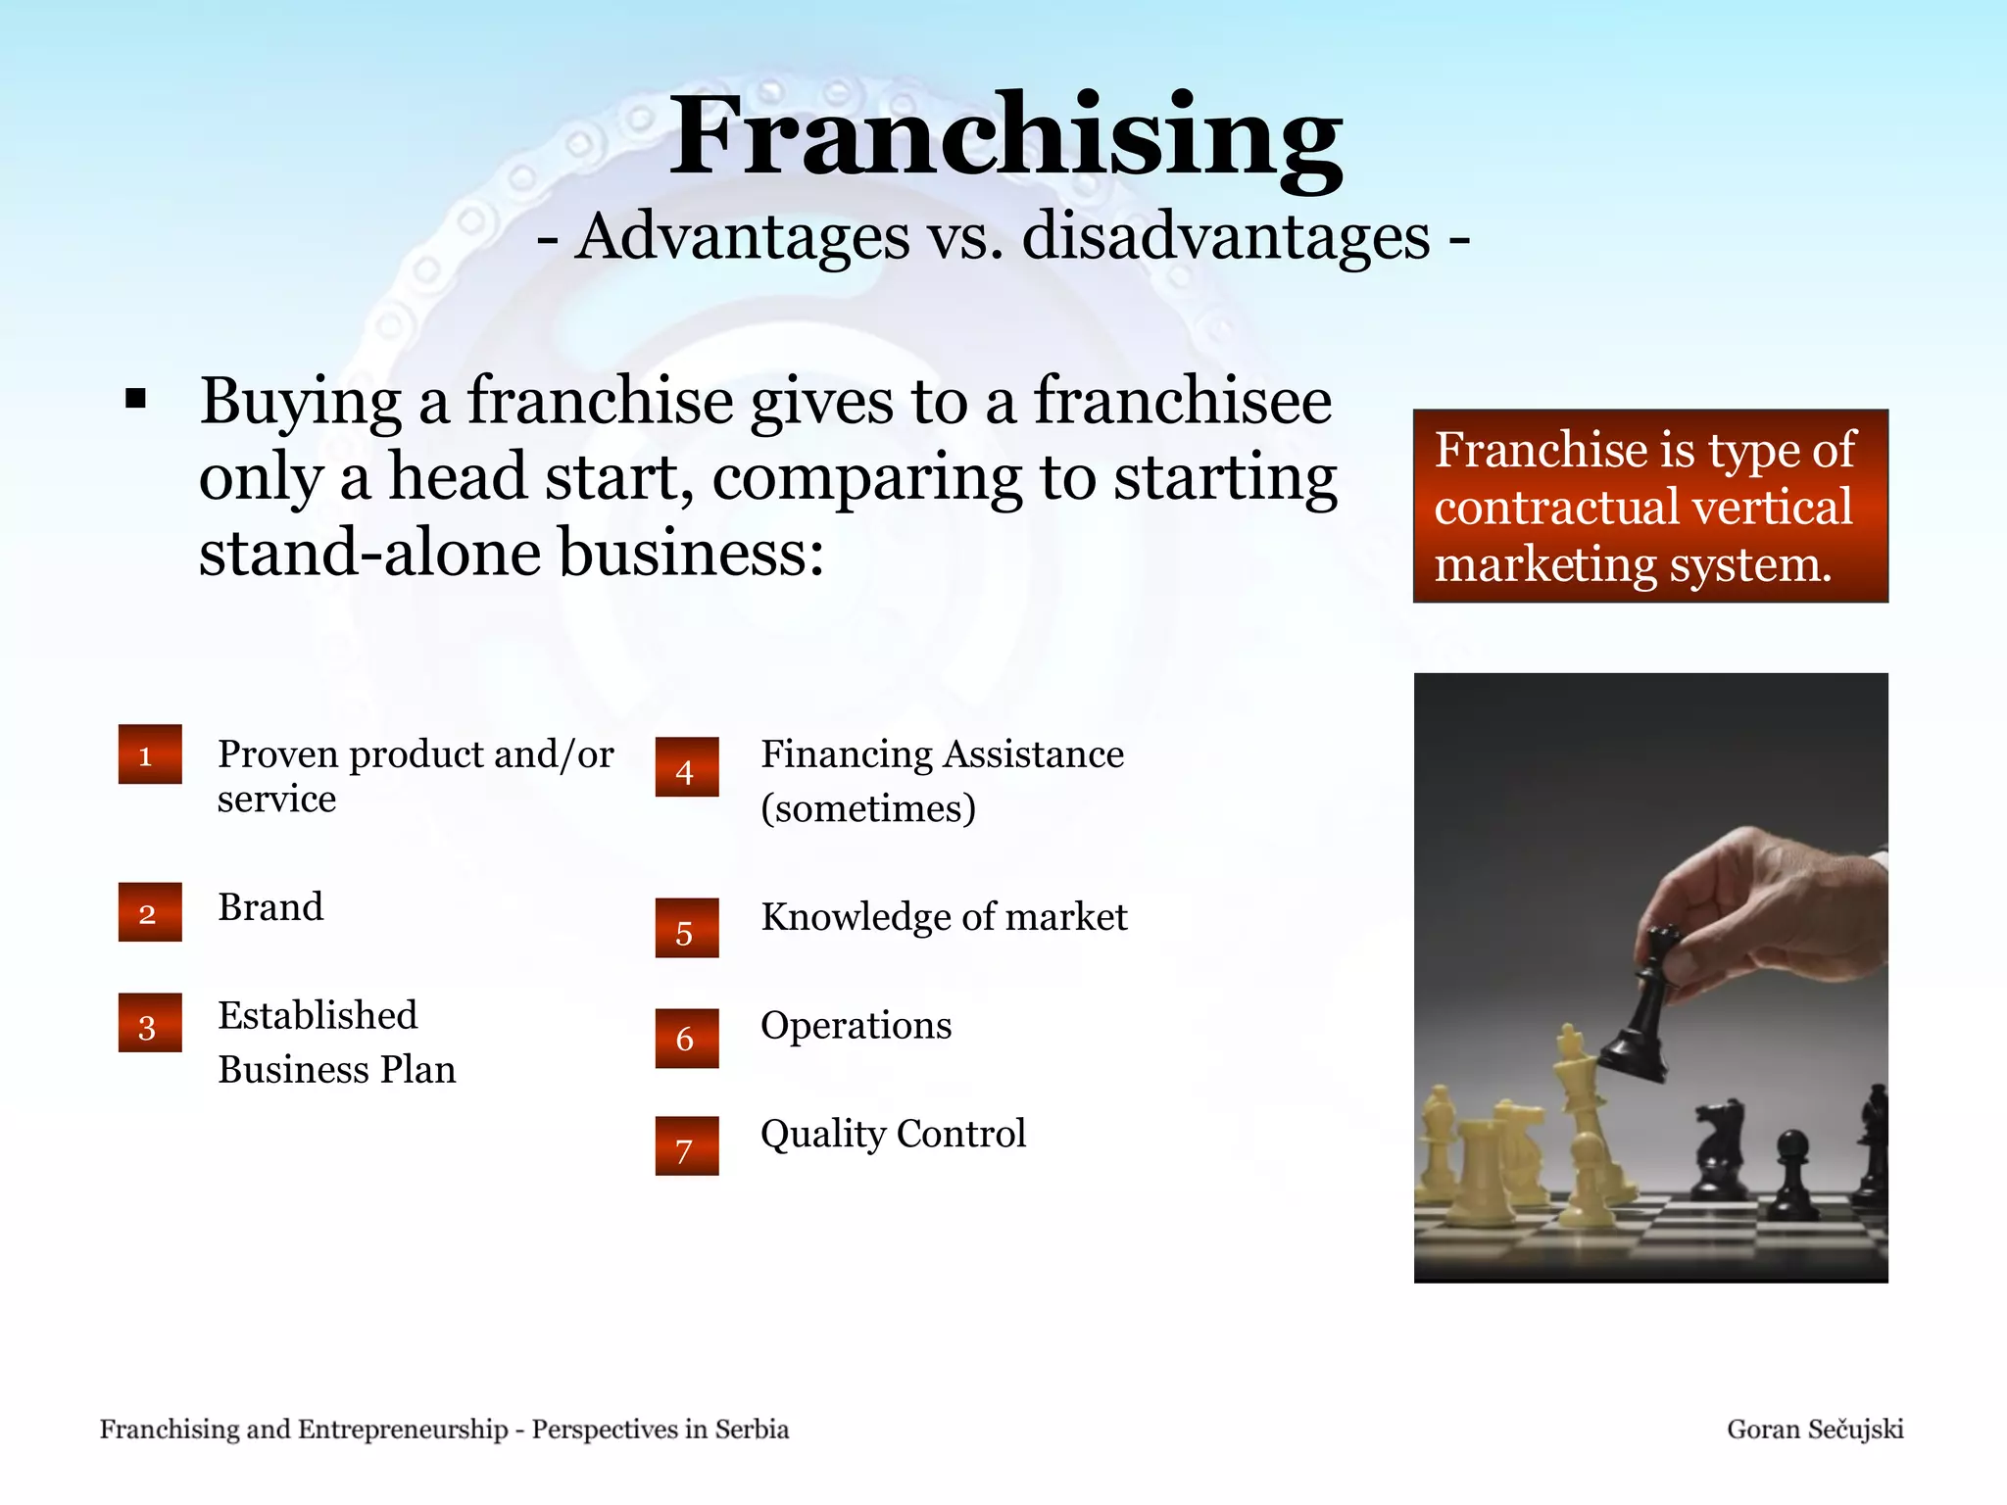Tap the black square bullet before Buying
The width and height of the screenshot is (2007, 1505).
pos(135,399)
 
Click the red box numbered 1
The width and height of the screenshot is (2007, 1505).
pos(150,754)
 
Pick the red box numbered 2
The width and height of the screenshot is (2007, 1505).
pos(150,912)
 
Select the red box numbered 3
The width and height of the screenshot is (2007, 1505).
pos(150,1024)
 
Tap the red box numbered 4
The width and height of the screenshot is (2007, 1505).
pos(686,767)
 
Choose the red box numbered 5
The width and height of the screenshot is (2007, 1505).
pos(686,928)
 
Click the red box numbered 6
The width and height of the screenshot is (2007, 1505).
pos(686,1039)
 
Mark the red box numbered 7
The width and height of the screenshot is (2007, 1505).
pos(686,1146)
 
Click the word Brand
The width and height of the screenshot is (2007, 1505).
pos(270,907)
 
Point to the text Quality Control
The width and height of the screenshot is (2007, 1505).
pos(893,1134)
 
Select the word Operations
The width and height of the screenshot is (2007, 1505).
pos(856,1026)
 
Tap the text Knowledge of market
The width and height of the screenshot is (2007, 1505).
pos(944,917)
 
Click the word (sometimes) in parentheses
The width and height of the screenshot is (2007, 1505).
pos(868,808)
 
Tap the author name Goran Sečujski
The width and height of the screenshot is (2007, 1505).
pos(1814,1430)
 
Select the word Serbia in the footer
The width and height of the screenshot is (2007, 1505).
pos(751,1430)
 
